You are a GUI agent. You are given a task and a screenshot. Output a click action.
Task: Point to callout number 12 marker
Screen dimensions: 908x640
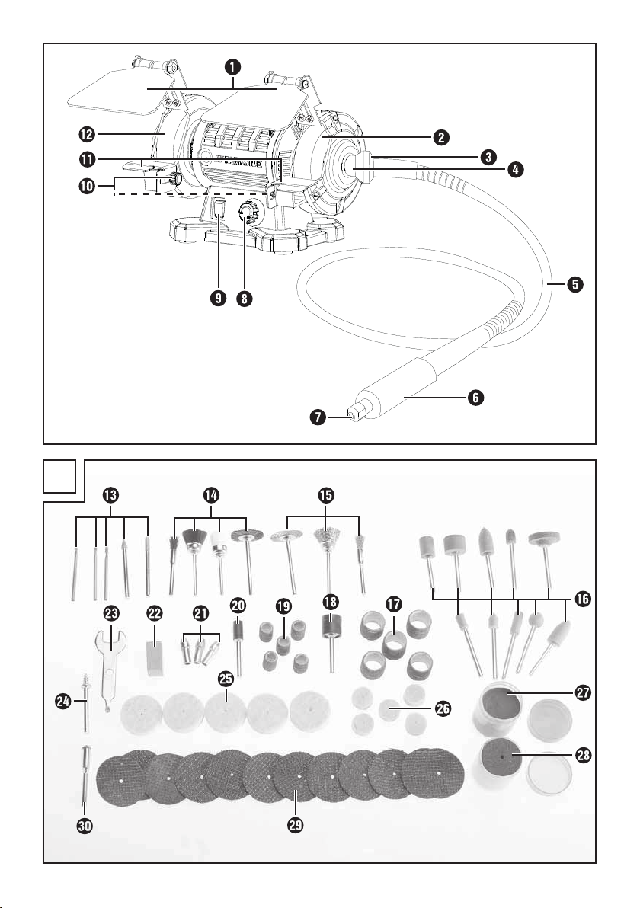[85, 134]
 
